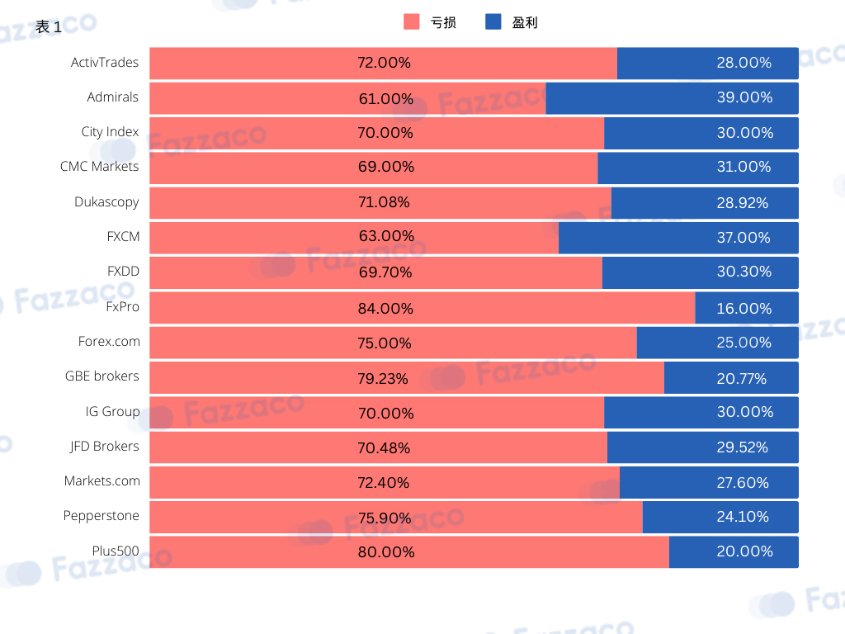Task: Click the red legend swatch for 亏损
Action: click(411, 21)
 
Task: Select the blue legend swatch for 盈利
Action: click(493, 21)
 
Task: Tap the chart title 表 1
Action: click(49, 27)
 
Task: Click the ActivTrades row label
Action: click(105, 63)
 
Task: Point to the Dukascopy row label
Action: click(106, 202)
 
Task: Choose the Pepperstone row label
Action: click(101, 516)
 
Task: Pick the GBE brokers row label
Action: click(101, 376)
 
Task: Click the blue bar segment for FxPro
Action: click(747, 308)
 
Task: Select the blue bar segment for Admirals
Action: click(672, 98)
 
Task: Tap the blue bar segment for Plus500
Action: click(734, 551)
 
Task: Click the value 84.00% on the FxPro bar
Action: click(385, 309)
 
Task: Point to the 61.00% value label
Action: click(386, 99)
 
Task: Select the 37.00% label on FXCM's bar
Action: click(744, 237)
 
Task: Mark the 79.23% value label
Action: click(383, 378)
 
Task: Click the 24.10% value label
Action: click(743, 517)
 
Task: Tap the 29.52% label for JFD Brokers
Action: click(742, 447)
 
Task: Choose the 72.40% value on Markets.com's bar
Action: click(383, 482)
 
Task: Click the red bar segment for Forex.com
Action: click(394, 343)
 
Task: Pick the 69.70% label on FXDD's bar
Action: click(385, 272)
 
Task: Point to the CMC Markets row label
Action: click(100, 167)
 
